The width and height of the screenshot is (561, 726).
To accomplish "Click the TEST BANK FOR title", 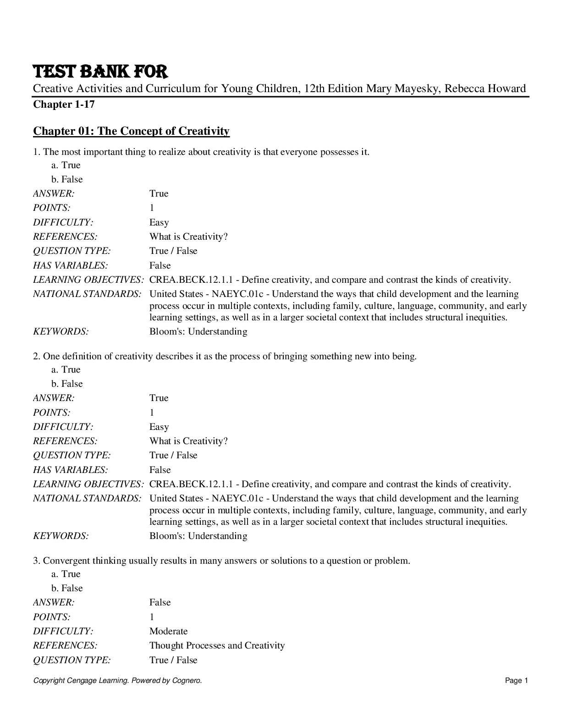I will [x=100, y=71].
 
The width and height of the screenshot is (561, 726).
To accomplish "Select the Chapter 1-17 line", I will [x=64, y=104].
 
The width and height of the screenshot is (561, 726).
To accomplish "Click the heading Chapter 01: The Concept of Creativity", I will [x=131, y=131].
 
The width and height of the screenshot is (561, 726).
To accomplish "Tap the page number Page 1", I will [x=517, y=681].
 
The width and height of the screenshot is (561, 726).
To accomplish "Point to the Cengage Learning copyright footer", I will [x=117, y=681].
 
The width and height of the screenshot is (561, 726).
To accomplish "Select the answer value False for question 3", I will [x=159, y=602].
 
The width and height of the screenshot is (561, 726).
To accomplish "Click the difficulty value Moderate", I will [x=168, y=631].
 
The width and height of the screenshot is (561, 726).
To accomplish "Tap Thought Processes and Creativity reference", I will [x=217, y=645].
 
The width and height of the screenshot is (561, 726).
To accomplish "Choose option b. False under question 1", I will [x=67, y=179].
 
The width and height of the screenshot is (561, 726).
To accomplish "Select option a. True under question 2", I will [x=66, y=369].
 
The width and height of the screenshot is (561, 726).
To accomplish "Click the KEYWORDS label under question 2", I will [x=60, y=536].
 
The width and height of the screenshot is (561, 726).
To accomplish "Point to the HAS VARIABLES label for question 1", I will [x=70, y=265].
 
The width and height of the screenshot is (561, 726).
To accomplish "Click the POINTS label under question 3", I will [x=51, y=617].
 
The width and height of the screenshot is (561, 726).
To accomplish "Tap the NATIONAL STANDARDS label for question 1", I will [x=87, y=294].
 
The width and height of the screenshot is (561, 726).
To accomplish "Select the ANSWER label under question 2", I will [x=54, y=398].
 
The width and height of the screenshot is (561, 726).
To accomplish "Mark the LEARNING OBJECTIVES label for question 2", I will [x=88, y=484].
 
